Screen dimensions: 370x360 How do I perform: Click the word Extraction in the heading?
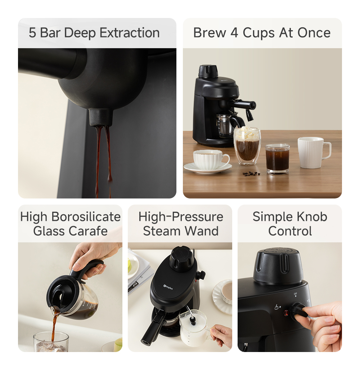[129, 33]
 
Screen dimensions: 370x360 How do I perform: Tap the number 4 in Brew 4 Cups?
[234, 33]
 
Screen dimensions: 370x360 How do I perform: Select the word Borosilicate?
[86, 217]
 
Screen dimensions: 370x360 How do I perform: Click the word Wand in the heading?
[204, 231]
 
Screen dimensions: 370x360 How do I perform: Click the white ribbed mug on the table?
[312, 152]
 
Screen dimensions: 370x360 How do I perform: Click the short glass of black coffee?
[277, 159]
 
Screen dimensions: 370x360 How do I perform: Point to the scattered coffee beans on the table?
[251, 173]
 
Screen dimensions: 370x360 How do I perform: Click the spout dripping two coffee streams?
[101, 117]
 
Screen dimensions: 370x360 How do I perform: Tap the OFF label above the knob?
[296, 294]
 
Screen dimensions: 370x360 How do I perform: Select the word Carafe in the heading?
[90, 231]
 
